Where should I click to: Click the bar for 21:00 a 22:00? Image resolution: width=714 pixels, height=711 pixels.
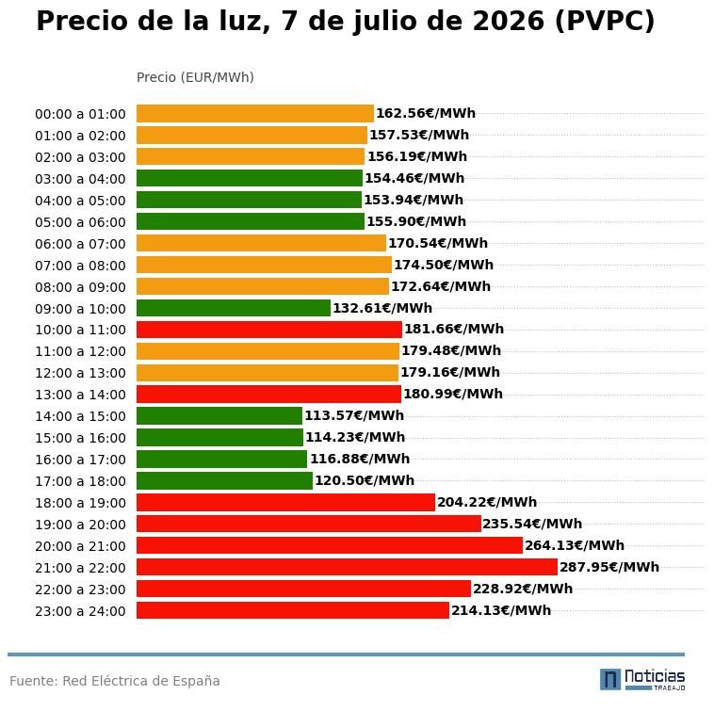pos(347,567)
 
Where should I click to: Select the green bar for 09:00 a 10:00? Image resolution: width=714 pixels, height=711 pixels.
pos(234,308)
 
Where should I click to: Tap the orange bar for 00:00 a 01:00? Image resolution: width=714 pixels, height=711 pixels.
pos(255,113)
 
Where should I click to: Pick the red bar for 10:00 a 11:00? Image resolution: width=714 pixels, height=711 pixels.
pos(269,330)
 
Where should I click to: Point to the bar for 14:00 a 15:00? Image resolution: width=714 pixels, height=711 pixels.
pos(219,416)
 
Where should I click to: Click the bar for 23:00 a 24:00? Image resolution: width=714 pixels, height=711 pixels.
pos(293,610)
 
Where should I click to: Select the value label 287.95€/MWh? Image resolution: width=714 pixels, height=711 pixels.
pos(609,567)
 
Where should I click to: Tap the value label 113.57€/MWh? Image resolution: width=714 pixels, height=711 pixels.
pos(354,415)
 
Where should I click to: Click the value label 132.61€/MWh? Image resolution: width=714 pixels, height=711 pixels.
pos(382,308)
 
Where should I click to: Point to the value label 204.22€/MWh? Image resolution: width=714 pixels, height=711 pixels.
pos(487,502)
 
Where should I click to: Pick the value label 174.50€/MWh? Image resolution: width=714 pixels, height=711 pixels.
pos(444,265)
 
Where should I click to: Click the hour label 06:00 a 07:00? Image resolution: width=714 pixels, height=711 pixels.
pos(80,244)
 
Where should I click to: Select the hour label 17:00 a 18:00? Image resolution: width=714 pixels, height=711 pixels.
pos(80,481)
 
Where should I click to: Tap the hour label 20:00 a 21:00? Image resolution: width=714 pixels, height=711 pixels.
pos(80,546)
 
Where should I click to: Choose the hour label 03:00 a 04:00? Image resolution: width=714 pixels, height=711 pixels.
pos(80,179)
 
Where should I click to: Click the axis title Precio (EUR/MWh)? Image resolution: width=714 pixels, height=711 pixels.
pos(195,77)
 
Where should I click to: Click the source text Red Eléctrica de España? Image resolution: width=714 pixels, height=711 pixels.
pos(141,681)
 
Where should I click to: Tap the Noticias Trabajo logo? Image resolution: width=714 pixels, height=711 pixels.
pos(642,680)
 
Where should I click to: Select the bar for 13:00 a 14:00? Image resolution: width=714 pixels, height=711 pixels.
pos(268,395)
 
